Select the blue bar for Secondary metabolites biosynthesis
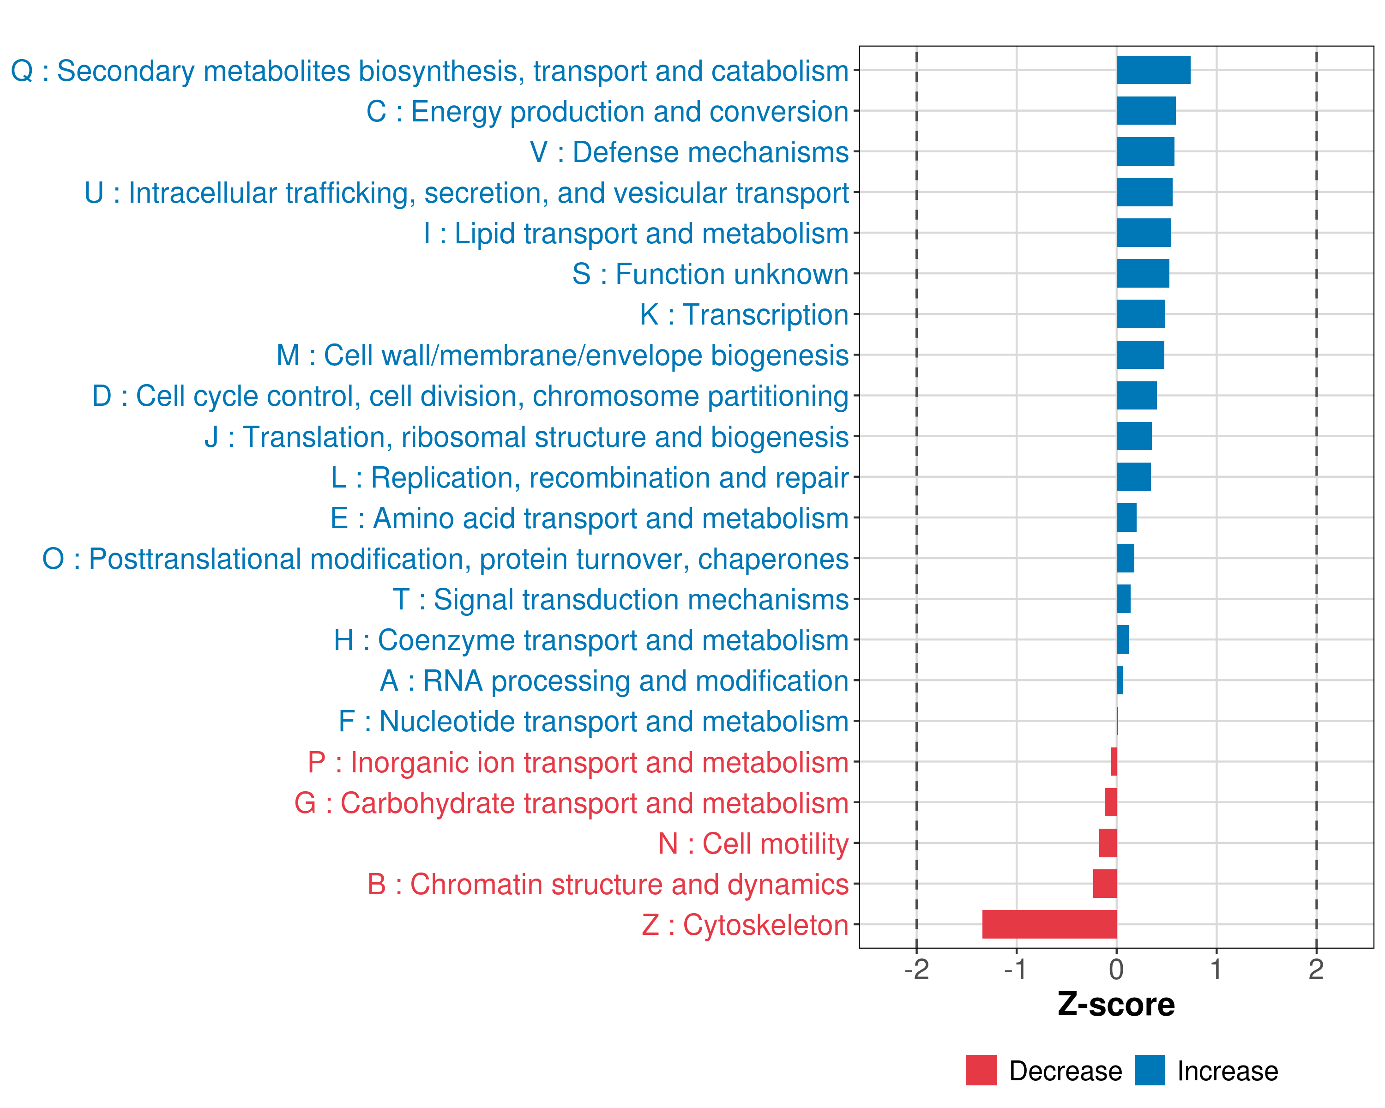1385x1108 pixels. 1153,70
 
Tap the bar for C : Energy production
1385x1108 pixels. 1146,110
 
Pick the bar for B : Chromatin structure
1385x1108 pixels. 1105,883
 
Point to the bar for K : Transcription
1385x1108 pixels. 1140,314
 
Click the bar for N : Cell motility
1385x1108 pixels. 1108,843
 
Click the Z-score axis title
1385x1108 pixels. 1116,1005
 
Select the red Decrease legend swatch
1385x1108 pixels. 981,1070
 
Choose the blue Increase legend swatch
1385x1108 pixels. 1149,1070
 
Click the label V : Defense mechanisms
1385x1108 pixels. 689,152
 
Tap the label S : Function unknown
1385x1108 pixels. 711,274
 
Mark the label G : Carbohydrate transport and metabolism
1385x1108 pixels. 572,803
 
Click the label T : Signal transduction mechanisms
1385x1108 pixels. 620,599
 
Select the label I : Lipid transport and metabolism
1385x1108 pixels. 636,233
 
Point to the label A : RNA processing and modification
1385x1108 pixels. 614,681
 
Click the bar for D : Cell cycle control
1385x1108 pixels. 1137,396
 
